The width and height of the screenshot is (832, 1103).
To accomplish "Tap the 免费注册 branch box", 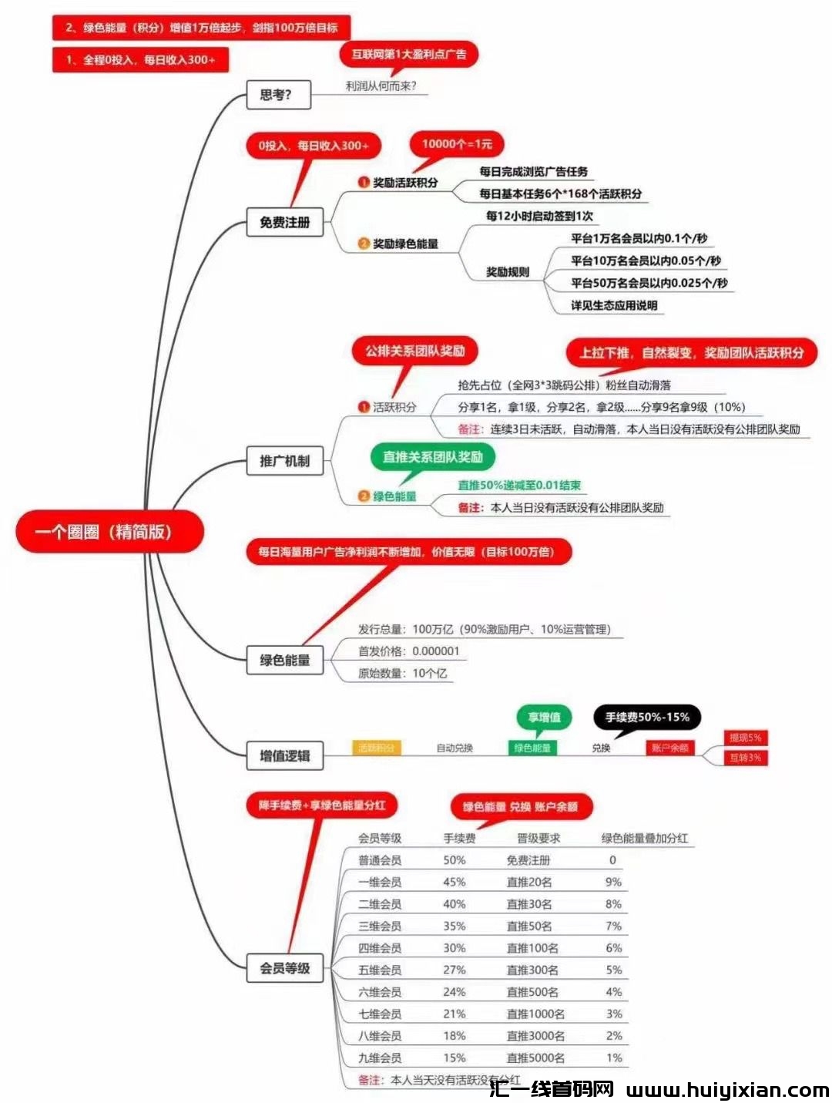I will pyautogui.click(x=284, y=222).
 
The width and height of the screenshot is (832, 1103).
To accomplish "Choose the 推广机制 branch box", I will pyautogui.click(x=284, y=461).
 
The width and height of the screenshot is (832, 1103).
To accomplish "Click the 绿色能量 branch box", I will pyautogui.click(x=284, y=660).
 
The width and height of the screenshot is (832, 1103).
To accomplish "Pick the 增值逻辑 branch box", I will pyautogui.click(x=284, y=755).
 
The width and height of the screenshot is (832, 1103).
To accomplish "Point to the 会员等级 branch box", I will pyautogui.click(x=284, y=968).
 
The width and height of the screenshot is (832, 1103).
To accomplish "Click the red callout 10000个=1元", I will pyautogui.click(x=457, y=143).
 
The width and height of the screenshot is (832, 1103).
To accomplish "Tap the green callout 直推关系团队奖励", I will pyautogui.click(x=432, y=457).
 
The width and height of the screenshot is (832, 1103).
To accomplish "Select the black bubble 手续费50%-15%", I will pyautogui.click(x=647, y=717).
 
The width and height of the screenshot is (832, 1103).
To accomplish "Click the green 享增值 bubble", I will pyautogui.click(x=544, y=717).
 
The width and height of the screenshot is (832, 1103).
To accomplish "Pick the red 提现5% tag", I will pyautogui.click(x=745, y=738).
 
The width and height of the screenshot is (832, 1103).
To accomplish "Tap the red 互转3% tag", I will pyautogui.click(x=745, y=758).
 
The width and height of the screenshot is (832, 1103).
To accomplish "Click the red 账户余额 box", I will pyautogui.click(x=669, y=748).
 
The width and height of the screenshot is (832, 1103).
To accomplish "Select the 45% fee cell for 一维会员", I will pyautogui.click(x=454, y=882).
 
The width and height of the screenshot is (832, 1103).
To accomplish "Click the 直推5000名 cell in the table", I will pyautogui.click(x=535, y=1058).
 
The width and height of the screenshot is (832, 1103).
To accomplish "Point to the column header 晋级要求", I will pyautogui.click(x=538, y=838).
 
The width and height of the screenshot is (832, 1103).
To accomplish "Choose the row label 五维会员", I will pyautogui.click(x=380, y=970).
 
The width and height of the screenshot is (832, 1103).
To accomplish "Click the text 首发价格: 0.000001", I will pyautogui.click(x=408, y=651).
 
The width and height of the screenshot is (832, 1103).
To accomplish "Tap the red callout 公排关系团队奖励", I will pyautogui.click(x=415, y=351).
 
